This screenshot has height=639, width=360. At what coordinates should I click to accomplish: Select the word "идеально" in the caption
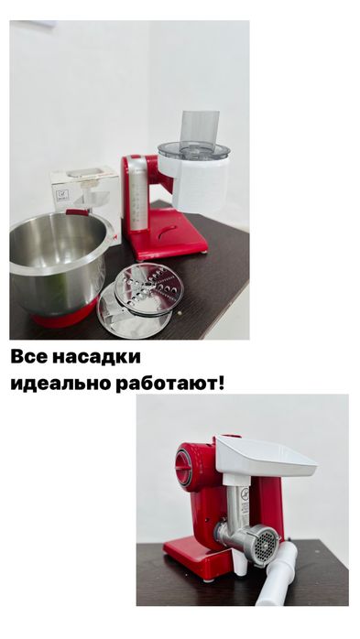(x=52, y=383)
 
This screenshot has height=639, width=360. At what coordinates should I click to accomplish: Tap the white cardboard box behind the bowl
(x=82, y=189)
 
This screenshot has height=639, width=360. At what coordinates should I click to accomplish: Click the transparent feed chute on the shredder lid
(x=199, y=128)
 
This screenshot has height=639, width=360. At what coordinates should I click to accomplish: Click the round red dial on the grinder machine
(x=184, y=466)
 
